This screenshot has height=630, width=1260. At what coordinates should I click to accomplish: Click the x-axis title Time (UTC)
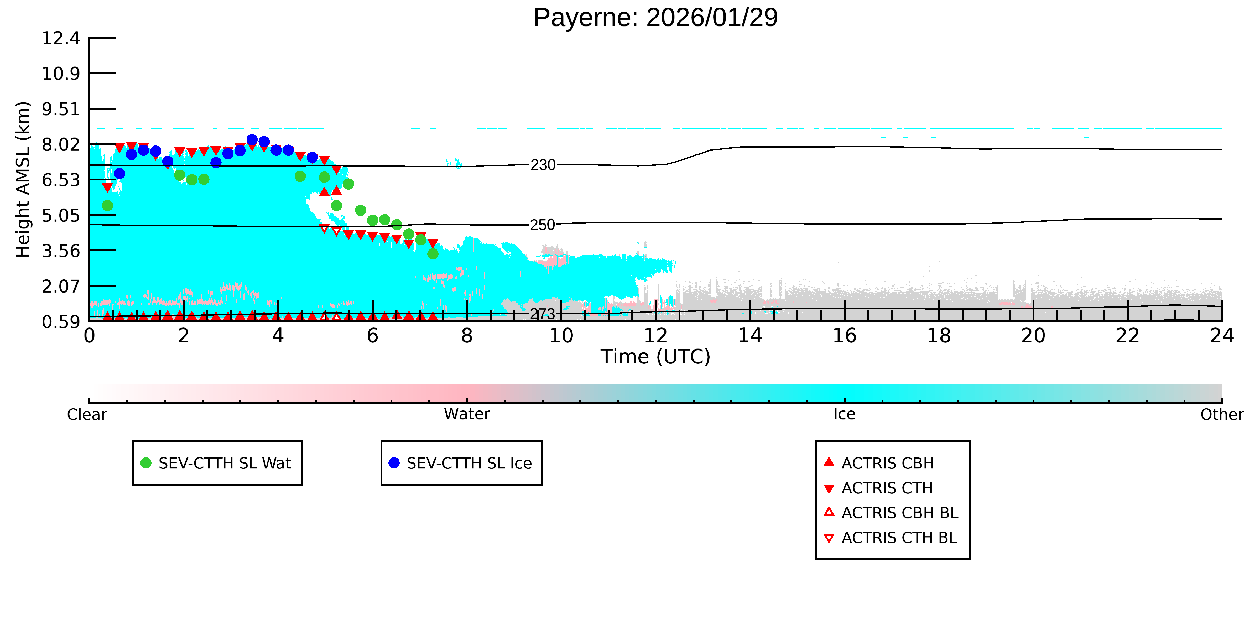pos(655,357)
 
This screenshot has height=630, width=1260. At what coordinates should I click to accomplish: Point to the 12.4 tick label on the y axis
pos(61,38)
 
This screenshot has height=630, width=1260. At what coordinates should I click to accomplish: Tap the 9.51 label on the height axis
pos(61,109)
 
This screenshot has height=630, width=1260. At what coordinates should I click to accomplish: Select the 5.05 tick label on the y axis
pos(61,215)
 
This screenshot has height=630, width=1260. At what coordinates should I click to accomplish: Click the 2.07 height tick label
pos(61,286)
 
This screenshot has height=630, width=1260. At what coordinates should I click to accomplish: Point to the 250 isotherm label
pos(543,225)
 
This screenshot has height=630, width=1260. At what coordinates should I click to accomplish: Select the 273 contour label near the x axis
pos(543,314)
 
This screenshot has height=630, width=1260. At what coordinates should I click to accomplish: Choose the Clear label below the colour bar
pos(87,414)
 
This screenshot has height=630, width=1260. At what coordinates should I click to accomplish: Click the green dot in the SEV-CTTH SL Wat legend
pos(146,463)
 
